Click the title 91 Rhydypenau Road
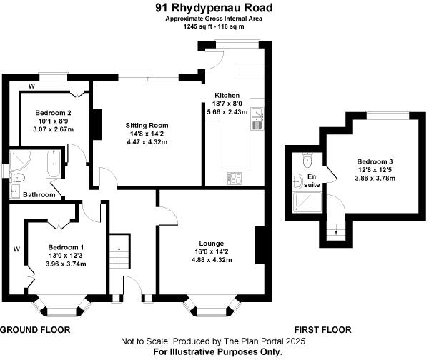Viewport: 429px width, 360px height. coord(213,9)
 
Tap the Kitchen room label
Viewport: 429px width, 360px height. coord(217,95)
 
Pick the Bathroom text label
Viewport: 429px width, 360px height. coord(39,194)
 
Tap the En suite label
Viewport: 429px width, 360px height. coord(311,180)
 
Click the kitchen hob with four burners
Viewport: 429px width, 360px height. coord(235,177)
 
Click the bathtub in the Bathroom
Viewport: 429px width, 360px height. coord(53,164)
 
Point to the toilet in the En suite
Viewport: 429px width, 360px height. coord(307,159)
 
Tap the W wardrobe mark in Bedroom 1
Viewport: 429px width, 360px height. coord(15,249)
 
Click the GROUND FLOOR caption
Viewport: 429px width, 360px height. coord(34,330)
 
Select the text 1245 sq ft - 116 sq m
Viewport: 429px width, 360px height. coord(213,26)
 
